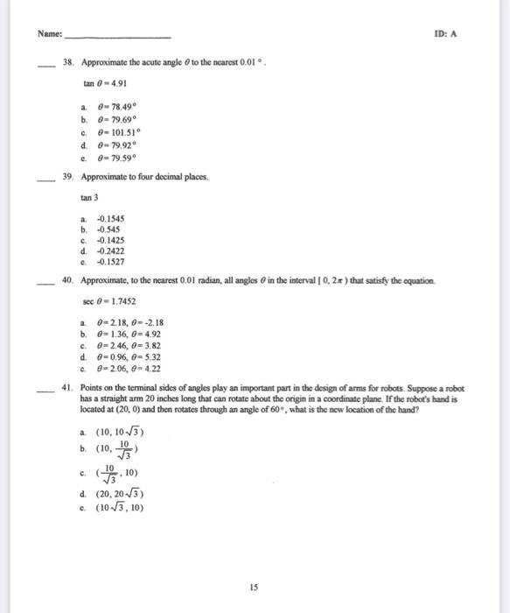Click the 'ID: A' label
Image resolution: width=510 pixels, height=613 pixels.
[x=446, y=35]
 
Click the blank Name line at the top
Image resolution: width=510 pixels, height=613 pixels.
[x=118, y=37]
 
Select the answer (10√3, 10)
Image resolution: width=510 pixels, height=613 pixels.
[x=122, y=507]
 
